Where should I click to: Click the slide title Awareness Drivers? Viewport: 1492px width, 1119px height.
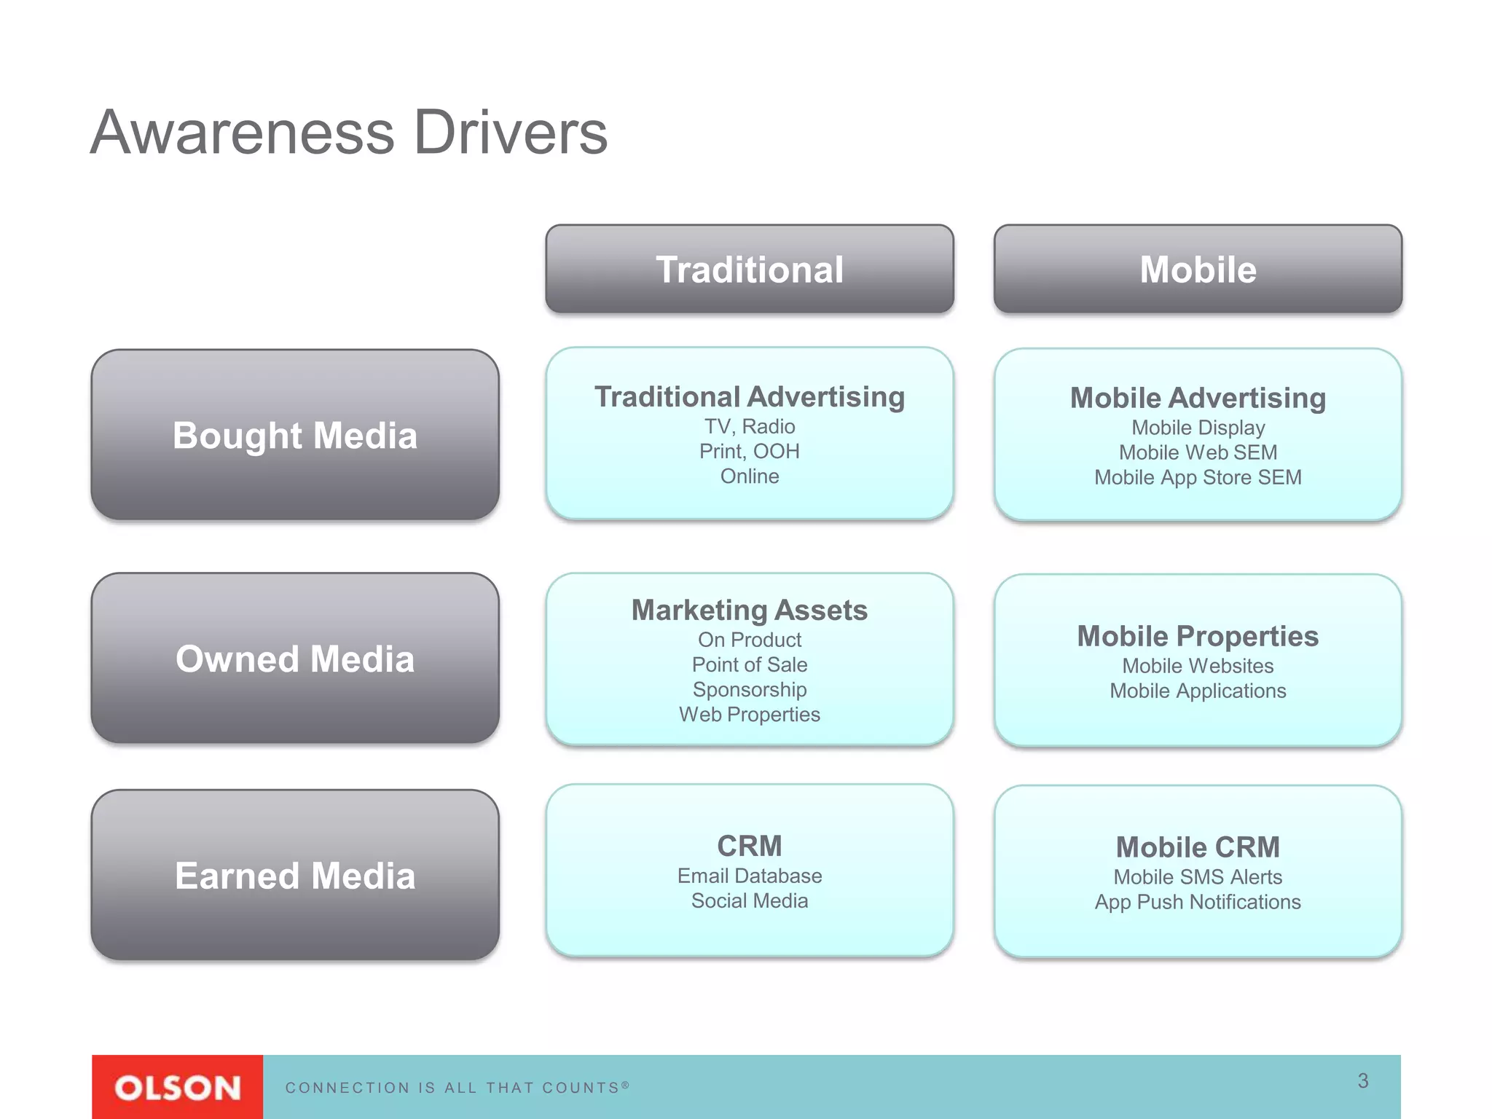[349, 133]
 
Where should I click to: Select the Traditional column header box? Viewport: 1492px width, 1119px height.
[749, 270]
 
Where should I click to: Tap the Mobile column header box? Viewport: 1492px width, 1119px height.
[1198, 270]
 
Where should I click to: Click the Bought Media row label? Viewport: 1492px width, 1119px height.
[295, 436]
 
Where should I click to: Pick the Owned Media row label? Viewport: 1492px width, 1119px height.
[295, 659]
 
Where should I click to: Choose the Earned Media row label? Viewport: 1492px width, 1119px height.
[295, 875]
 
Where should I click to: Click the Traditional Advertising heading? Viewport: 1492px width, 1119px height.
[749, 397]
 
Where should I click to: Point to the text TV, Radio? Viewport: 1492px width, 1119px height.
[749, 426]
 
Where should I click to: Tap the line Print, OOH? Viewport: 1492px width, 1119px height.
[749, 451]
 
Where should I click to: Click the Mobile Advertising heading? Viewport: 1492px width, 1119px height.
[1198, 398]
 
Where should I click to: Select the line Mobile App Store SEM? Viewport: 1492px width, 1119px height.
[1198, 477]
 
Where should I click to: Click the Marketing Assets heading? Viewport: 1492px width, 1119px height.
[749, 610]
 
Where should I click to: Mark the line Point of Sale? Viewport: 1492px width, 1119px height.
[749, 664]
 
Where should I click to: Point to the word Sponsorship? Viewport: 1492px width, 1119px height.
[749, 689]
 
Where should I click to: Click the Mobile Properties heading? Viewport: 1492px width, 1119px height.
[1198, 636]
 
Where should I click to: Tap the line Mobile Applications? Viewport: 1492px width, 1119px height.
[1198, 691]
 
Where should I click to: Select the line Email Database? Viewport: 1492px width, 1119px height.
[749, 876]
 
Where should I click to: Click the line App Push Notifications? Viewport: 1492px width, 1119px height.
[1198, 902]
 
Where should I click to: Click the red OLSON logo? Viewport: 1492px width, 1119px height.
[177, 1088]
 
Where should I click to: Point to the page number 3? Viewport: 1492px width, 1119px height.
[1362, 1080]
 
